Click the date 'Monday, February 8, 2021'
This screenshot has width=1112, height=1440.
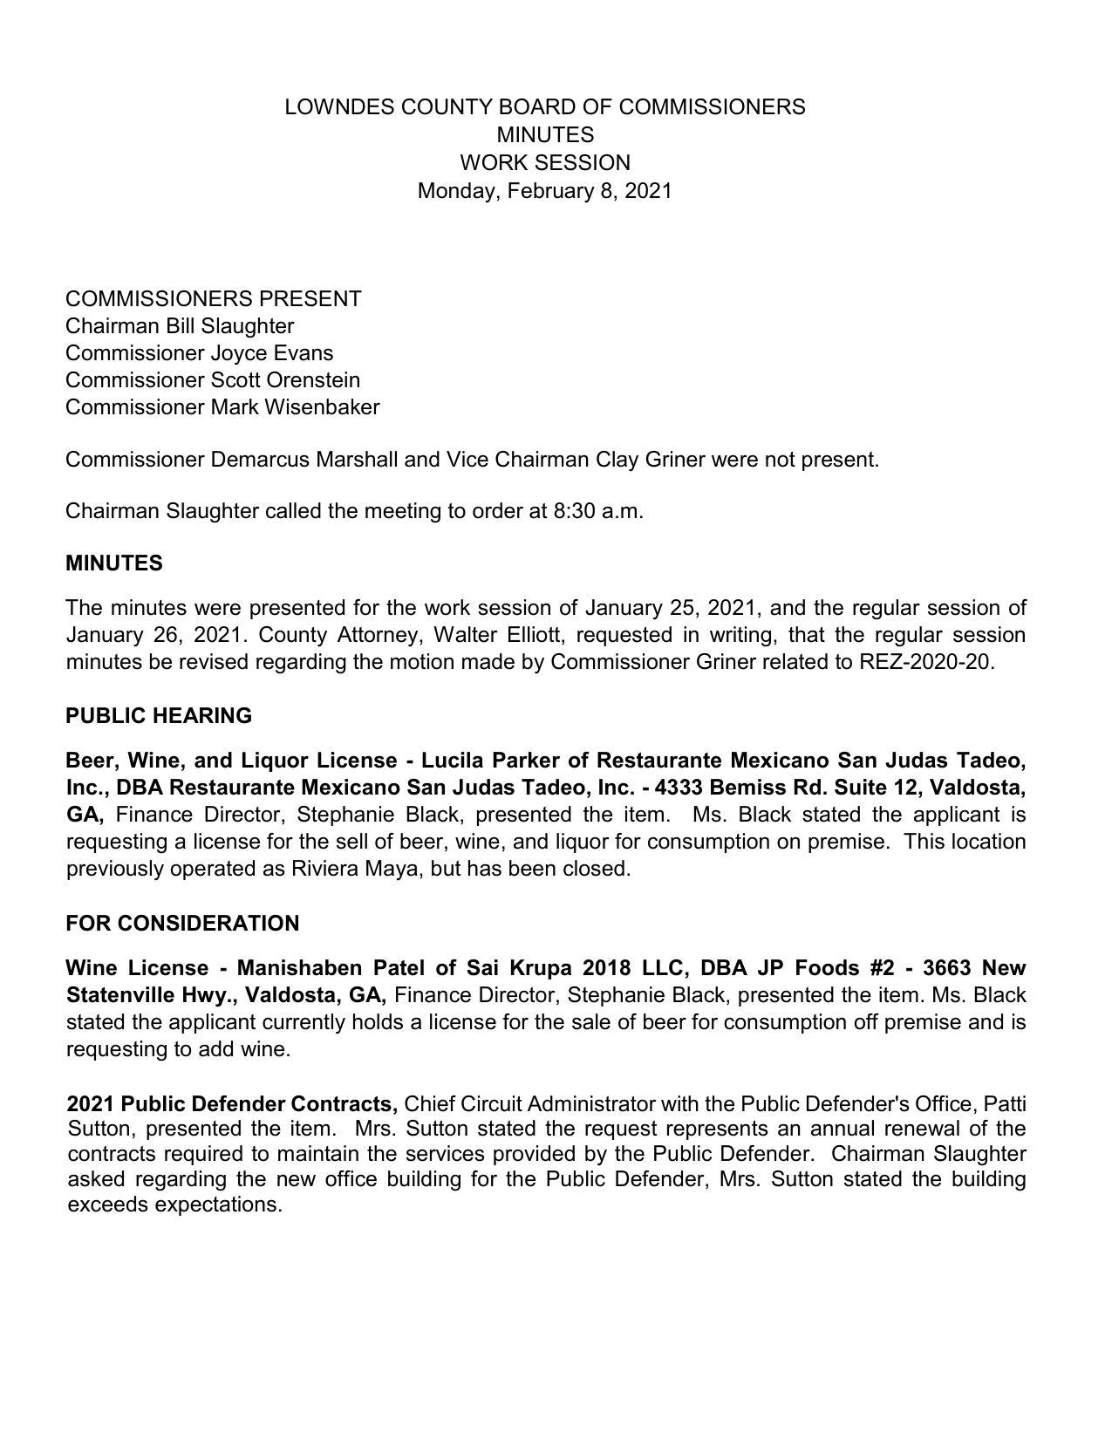(x=544, y=190)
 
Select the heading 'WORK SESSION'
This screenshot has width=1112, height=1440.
(x=544, y=163)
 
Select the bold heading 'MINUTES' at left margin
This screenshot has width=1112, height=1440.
(x=113, y=563)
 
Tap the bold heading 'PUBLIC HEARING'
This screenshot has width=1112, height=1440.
(x=159, y=716)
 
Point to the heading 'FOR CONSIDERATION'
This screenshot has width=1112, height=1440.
(x=182, y=924)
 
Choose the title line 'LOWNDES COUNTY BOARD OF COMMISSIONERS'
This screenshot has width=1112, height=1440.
(x=544, y=107)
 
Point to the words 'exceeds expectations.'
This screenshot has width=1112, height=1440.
(x=174, y=1205)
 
